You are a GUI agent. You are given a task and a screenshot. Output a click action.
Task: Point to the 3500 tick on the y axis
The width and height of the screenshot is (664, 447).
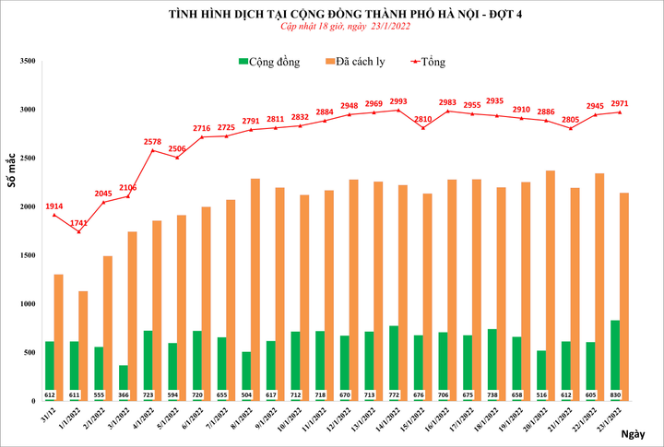click(x=27, y=61)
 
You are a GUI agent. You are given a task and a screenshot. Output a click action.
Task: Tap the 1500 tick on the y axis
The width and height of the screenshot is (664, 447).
click(x=27, y=255)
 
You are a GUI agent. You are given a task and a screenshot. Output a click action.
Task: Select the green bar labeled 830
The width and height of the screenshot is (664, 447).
click(x=614, y=359)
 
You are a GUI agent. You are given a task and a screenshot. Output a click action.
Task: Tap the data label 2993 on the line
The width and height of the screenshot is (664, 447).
click(x=398, y=101)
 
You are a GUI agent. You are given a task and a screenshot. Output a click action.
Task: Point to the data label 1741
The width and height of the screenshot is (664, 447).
click(x=77, y=224)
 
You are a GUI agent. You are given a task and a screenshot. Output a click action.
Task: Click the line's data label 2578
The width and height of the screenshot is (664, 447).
click(x=152, y=141)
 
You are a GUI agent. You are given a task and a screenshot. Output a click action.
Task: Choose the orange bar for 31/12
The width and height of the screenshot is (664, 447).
click(x=59, y=336)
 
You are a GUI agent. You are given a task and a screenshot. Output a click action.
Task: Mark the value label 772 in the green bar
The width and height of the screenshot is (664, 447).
click(x=393, y=394)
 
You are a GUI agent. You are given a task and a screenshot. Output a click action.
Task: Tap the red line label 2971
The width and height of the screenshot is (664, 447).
click(x=620, y=103)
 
